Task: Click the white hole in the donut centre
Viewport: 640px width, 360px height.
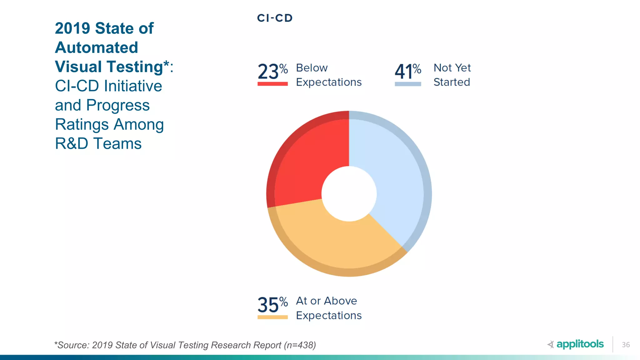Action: coord(349,194)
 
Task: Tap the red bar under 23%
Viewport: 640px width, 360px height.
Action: coord(272,84)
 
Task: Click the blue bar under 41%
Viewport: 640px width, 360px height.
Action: coord(408,84)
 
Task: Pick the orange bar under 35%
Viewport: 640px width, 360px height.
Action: coord(272,317)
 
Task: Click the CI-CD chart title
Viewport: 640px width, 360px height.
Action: coord(275,18)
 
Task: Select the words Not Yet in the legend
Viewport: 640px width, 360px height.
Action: coord(452,68)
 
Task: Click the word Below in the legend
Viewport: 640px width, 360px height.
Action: coord(312,68)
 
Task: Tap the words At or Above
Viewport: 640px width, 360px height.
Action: coord(326,301)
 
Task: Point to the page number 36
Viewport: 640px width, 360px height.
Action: coord(626,345)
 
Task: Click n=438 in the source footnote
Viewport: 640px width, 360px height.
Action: coord(300,345)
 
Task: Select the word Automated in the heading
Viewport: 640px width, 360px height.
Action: coord(97,47)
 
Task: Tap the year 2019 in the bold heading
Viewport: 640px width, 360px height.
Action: coord(72,28)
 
